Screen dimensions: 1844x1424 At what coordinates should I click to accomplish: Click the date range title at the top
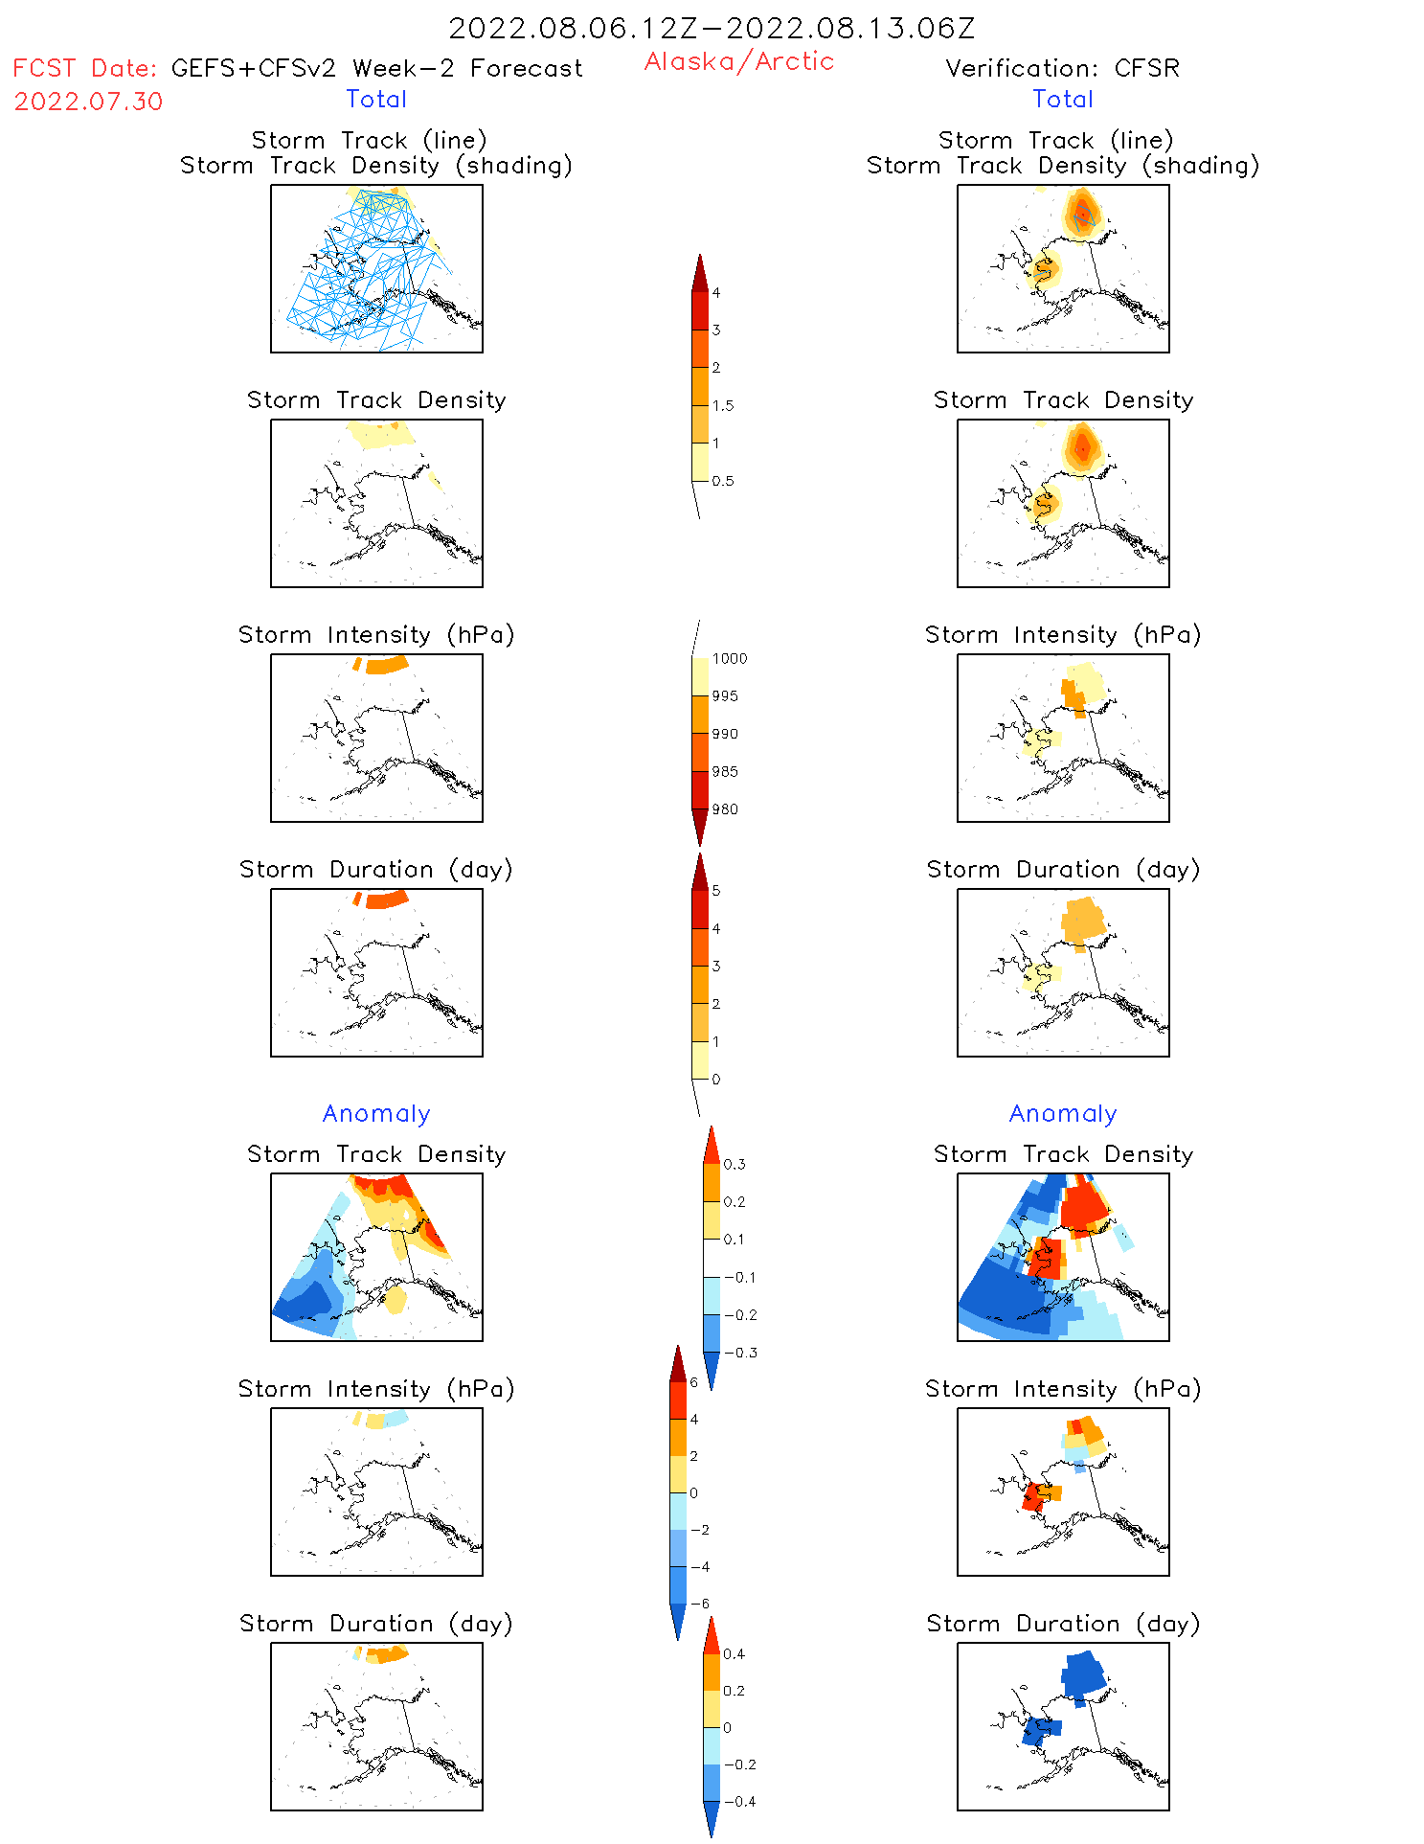[712, 29]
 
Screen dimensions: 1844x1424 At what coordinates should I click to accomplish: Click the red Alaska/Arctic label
[738, 61]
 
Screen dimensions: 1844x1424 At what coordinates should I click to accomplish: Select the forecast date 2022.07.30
[88, 102]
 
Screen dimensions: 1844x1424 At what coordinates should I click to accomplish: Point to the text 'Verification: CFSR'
[1062, 69]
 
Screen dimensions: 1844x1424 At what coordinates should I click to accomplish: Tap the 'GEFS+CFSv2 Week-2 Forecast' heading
[376, 69]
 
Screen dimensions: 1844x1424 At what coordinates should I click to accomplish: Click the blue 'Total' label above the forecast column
[376, 100]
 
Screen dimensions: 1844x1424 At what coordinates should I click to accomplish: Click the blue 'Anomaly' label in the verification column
[1063, 1114]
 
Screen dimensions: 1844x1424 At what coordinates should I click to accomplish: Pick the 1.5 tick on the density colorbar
[723, 406]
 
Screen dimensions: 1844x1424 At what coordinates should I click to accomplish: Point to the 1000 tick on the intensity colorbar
[729, 659]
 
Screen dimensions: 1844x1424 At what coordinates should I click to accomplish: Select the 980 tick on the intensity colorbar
[725, 809]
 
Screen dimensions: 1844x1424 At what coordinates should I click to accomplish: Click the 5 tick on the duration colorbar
[716, 891]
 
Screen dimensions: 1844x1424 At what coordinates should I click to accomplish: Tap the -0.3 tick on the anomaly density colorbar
[740, 1353]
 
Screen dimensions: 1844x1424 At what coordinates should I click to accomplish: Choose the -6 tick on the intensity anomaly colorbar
[704, 1604]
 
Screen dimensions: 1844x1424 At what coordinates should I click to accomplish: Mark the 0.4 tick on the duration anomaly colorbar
[735, 1654]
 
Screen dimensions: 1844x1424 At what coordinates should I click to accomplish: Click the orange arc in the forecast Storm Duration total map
[387, 899]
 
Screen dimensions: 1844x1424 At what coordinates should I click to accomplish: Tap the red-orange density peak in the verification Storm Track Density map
[1082, 447]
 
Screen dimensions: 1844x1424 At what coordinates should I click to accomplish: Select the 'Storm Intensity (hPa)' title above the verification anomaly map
[1063, 1389]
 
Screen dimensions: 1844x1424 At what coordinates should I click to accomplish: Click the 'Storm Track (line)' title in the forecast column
[369, 141]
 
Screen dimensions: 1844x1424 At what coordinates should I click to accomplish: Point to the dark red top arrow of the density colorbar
[700, 272]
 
